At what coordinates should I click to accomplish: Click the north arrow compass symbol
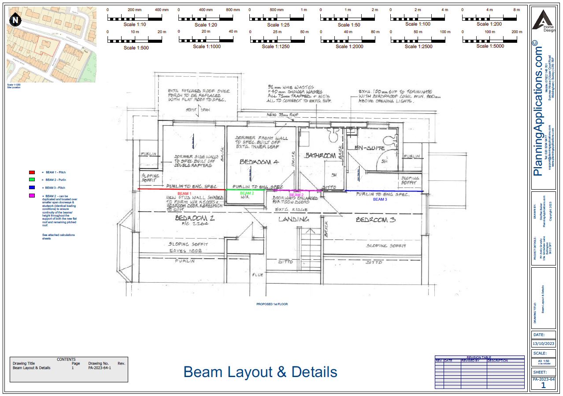tap(16, 19)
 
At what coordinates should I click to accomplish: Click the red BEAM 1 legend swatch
tap(32, 172)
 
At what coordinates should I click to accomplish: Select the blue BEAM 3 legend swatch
tap(32, 188)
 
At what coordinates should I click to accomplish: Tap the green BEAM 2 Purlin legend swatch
tap(32, 180)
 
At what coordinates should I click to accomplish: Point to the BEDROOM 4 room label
tap(259, 162)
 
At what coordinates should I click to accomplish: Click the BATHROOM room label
tap(320, 155)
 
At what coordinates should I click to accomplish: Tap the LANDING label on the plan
tap(293, 219)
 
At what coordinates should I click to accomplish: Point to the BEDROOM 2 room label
tap(194, 218)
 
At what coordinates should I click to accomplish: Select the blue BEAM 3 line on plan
tap(383, 191)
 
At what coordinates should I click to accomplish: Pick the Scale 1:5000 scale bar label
tap(489, 46)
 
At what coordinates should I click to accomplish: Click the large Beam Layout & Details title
tap(260, 372)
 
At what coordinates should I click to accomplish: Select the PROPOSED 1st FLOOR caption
tap(272, 304)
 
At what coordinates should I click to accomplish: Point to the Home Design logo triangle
tap(542, 20)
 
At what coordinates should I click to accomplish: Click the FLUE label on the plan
tap(258, 275)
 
